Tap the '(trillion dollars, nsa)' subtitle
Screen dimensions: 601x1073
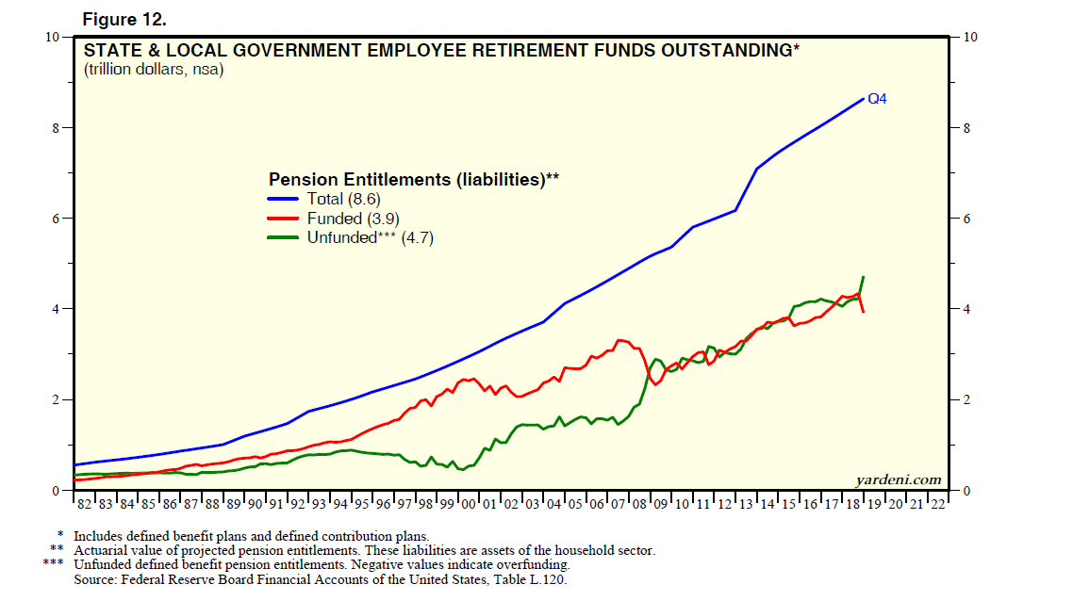click(154, 71)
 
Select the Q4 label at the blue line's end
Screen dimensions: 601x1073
click(877, 98)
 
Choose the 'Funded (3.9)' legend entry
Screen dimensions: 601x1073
click(349, 219)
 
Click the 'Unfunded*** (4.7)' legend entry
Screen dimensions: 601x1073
click(370, 238)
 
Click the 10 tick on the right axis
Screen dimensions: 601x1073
click(967, 37)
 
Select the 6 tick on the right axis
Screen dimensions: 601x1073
click(965, 219)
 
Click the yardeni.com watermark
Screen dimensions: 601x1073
click(899, 480)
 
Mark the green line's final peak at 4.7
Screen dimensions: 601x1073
click(864, 277)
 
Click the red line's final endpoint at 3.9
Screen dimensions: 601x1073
click(864, 312)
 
